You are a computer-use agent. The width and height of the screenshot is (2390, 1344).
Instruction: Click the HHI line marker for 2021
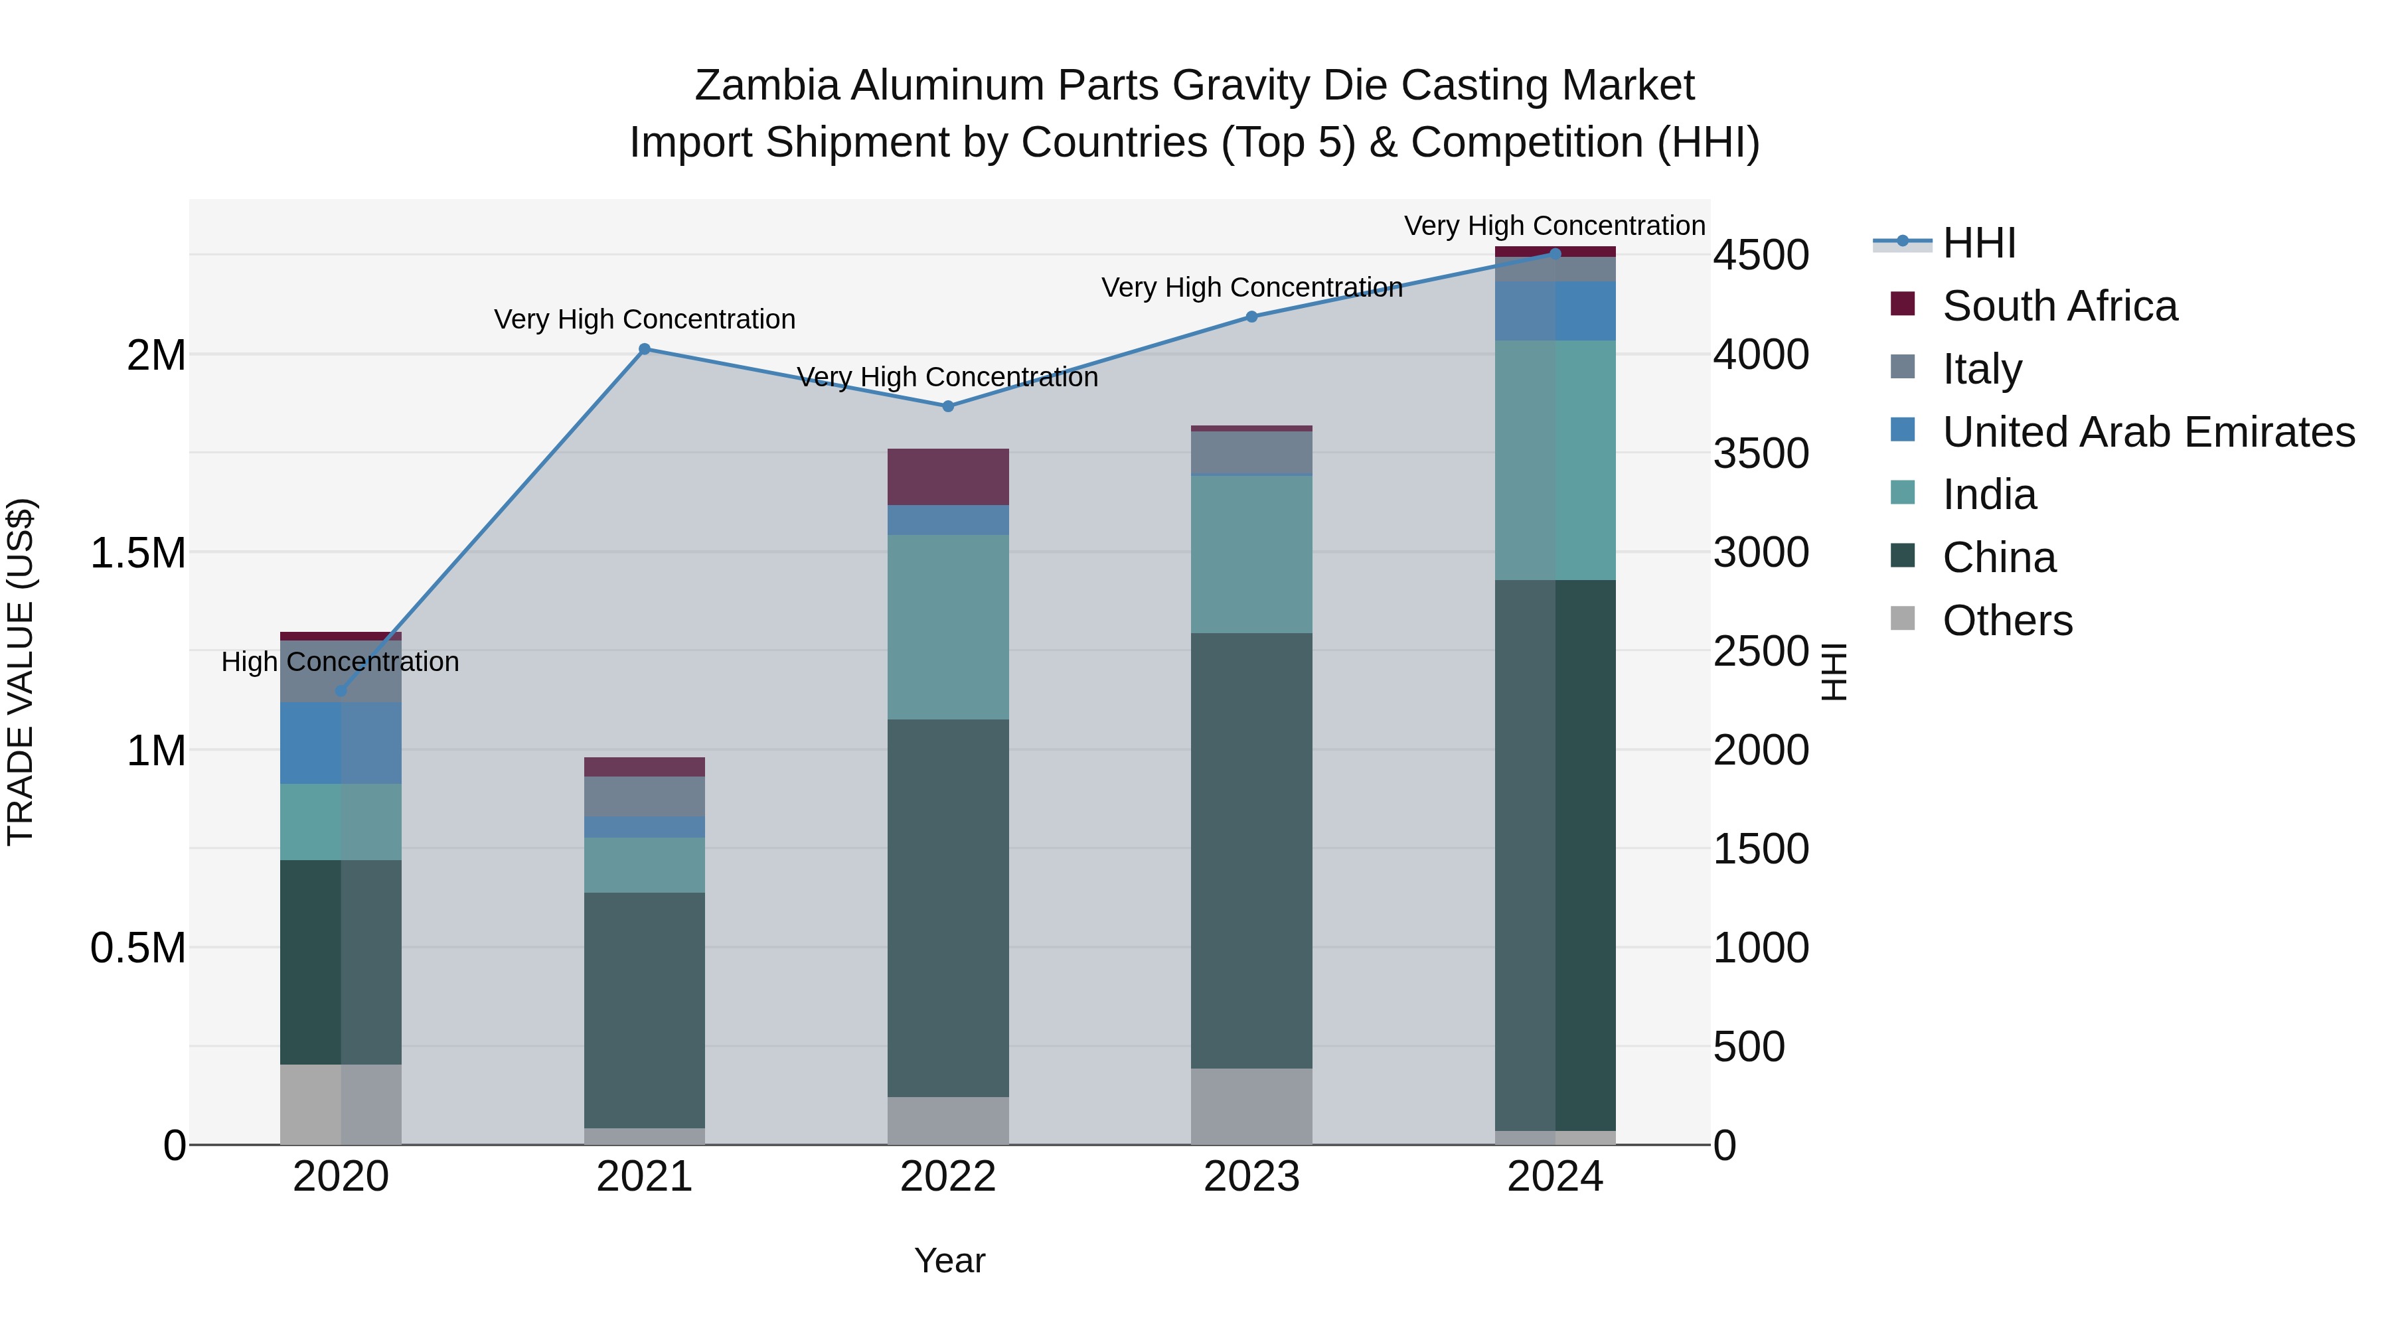pyautogui.click(x=645, y=350)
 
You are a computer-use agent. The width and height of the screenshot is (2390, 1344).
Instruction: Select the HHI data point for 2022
pyautogui.click(x=948, y=406)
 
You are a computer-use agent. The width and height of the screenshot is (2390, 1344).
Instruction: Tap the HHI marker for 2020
pyautogui.click(x=341, y=691)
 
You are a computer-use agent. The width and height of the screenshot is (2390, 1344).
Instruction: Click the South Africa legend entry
pyautogui.click(x=2059, y=306)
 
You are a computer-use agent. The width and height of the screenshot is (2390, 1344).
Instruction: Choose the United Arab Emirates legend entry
pyautogui.click(x=2148, y=432)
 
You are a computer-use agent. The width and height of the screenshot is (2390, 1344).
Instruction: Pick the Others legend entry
pyautogui.click(x=2007, y=621)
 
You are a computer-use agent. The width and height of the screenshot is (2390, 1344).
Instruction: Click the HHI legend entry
pyautogui.click(x=1978, y=243)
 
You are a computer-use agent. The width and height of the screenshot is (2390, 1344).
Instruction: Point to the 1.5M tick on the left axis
pyautogui.click(x=137, y=554)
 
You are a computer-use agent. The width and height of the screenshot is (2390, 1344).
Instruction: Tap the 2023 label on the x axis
pyautogui.click(x=1251, y=1177)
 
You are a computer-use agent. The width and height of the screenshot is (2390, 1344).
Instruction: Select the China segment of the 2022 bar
pyautogui.click(x=948, y=909)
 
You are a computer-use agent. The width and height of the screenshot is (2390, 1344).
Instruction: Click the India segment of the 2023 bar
pyautogui.click(x=1251, y=555)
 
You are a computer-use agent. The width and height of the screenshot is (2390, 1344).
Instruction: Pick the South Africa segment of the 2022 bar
pyautogui.click(x=948, y=477)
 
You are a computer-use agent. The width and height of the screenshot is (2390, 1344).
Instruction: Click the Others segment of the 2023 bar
pyautogui.click(x=1251, y=1106)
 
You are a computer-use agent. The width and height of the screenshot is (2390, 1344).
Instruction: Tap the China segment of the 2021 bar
pyautogui.click(x=645, y=1011)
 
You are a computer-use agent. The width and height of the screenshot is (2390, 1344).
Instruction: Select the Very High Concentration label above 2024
pyautogui.click(x=1554, y=226)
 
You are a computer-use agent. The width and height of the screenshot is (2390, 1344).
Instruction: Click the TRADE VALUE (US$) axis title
pyautogui.click(x=21, y=672)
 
